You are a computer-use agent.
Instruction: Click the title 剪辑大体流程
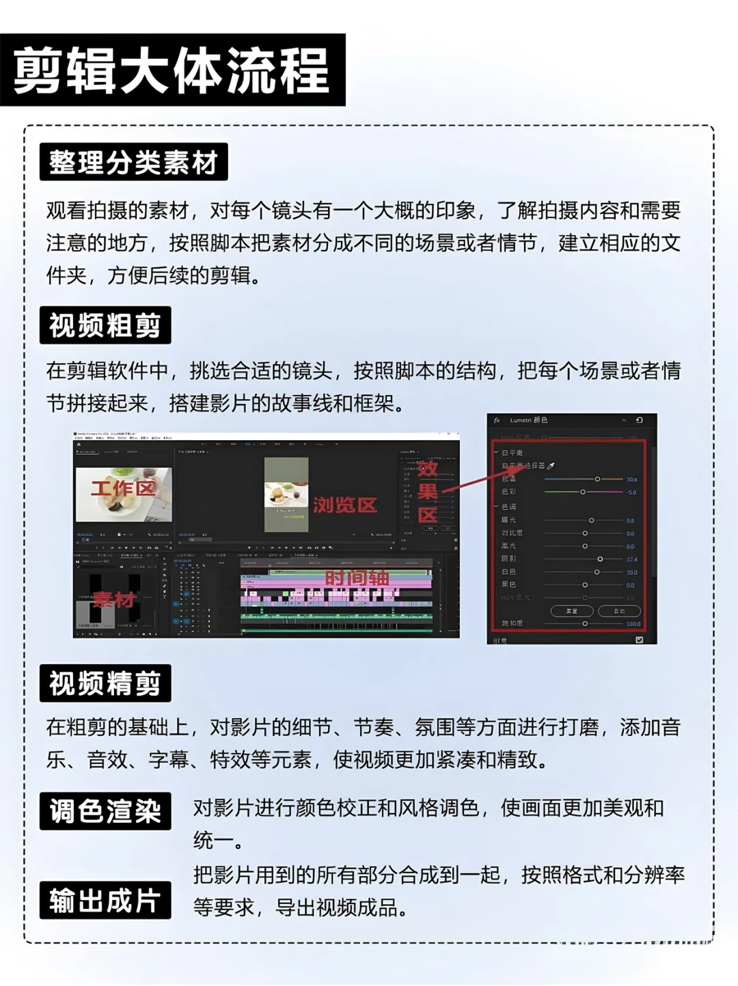[172, 70]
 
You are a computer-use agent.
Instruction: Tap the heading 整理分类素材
[133, 163]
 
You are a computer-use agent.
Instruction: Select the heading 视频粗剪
[105, 325]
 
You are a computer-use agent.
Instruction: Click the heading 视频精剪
[105, 683]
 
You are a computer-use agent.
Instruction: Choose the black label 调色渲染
[105, 811]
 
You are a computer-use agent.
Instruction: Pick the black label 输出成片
[105, 901]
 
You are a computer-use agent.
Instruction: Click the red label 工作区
[123, 489]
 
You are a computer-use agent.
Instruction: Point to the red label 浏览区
[345, 505]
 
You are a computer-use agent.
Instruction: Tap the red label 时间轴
[357, 578]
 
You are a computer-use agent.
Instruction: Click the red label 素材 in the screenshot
[114, 600]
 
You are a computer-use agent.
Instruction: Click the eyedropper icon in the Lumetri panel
[551, 466]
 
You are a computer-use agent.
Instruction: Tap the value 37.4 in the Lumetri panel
[631, 560]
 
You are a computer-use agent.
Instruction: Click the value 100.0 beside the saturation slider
[633, 624]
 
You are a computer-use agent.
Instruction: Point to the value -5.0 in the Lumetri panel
[631, 492]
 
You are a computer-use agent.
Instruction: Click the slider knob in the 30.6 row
[597, 479]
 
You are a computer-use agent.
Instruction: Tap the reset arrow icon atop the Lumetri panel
[639, 420]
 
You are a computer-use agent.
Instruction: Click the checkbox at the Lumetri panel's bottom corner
[639, 640]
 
